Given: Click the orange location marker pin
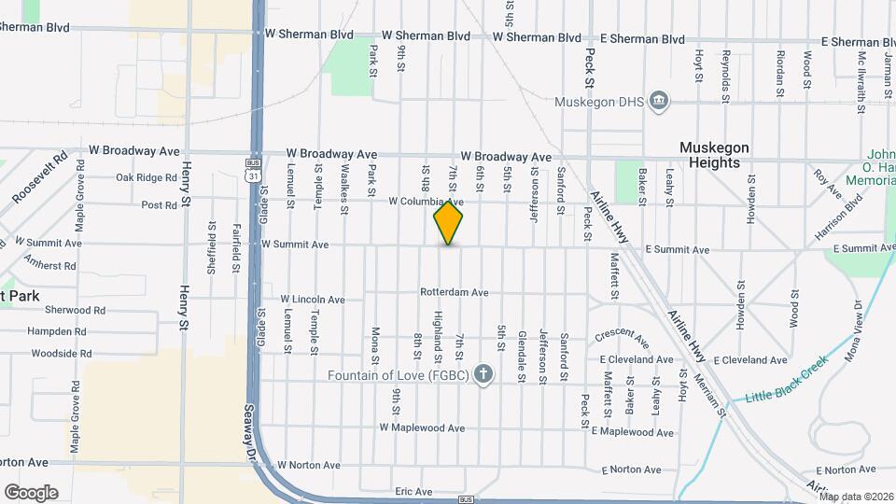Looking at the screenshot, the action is [449, 223].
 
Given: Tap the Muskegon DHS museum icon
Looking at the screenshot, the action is [659, 101].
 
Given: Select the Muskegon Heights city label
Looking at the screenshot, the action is [715, 155].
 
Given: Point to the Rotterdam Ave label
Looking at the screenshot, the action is [455, 292].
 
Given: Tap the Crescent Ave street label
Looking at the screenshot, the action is [622, 334].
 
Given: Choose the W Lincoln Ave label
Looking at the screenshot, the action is [314, 301].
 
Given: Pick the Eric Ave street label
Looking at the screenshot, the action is [413, 491].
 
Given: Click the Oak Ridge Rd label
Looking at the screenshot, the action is [147, 177].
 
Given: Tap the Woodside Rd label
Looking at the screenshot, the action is [61, 355].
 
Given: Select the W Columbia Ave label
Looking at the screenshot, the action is [426, 202].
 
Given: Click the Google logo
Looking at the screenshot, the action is [31, 492].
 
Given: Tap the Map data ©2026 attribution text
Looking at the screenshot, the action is [856, 497].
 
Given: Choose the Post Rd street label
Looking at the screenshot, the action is [159, 205].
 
